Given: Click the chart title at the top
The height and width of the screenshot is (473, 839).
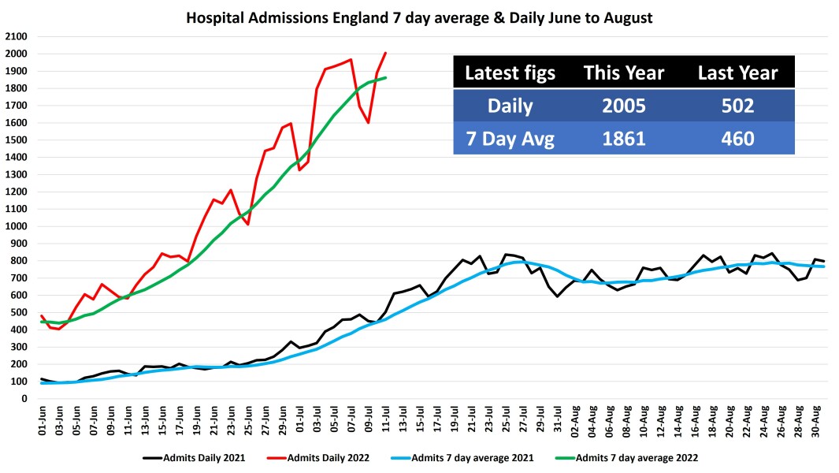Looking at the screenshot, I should click(x=419, y=17).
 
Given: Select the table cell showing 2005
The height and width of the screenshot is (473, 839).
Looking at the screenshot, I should click(x=624, y=106).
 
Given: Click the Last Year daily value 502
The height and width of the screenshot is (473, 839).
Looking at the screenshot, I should click(x=737, y=106).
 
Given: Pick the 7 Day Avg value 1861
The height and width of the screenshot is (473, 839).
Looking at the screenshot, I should click(x=624, y=140).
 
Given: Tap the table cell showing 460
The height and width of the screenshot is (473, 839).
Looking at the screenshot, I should click(x=737, y=140).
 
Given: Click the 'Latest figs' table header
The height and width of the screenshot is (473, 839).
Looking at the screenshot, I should click(x=510, y=73).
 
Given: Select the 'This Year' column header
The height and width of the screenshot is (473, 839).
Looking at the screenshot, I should click(x=624, y=73).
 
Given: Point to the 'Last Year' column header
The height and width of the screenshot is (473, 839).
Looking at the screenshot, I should click(x=737, y=73).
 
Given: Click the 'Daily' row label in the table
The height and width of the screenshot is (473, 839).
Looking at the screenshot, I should click(x=510, y=106).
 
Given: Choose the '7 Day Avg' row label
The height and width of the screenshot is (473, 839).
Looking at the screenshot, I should click(x=510, y=140).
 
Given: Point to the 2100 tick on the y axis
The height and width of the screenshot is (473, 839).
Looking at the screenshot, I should click(x=16, y=37).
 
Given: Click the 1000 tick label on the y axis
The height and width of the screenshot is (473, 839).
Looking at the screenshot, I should click(x=16, y=227).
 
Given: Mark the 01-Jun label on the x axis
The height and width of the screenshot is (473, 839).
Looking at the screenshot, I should click(x=43, y=418).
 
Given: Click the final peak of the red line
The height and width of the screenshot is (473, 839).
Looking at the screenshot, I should click(x=385, y=53).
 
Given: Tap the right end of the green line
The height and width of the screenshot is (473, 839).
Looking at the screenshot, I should click(x=385, y=77).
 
